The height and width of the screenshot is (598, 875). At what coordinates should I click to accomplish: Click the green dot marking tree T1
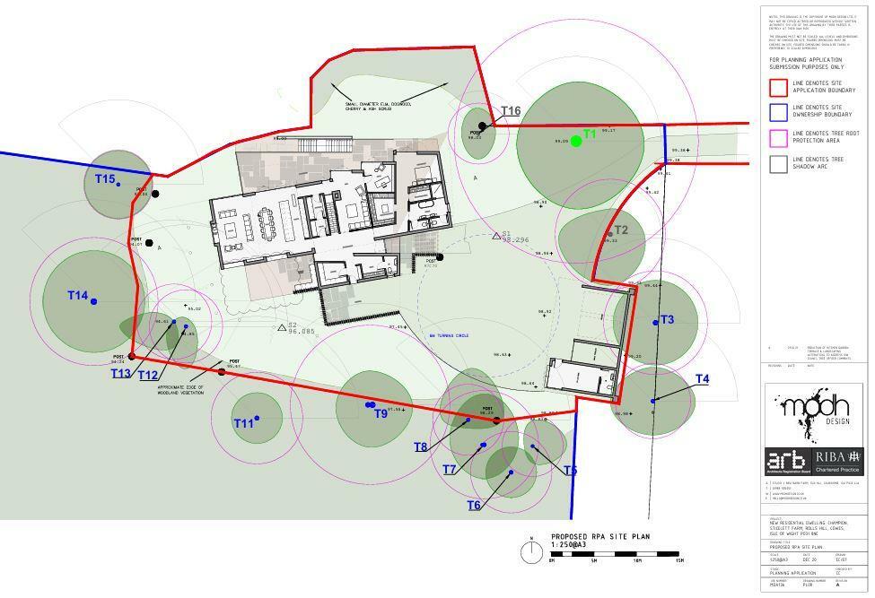click(576, 141)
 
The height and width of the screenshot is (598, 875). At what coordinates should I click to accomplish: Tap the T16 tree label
click(511, 111)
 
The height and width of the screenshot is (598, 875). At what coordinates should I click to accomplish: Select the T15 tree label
click(106, 179)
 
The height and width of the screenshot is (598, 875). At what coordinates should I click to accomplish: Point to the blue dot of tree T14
click(93, 301)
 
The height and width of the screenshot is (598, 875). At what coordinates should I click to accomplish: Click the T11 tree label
click(243, 423)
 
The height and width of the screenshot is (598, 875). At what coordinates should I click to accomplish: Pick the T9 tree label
click(381, 413)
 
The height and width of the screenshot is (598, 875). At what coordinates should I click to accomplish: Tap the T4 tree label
click(702, 379)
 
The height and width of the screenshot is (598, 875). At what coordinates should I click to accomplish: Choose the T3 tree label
click(667, 320)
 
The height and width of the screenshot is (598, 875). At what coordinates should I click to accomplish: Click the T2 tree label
click(621, 230)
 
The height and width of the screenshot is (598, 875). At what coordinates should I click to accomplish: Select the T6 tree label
click(474, 506)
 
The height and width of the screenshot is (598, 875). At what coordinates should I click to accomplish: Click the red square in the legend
click(778, 87)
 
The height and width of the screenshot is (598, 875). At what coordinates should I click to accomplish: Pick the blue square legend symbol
click(778, 111)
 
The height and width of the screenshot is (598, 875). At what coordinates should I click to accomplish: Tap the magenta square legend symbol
click(778, 137)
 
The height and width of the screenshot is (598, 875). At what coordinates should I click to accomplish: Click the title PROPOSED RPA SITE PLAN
click(600, 537)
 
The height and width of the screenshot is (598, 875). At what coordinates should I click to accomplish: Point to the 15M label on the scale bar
click(680, 561)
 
